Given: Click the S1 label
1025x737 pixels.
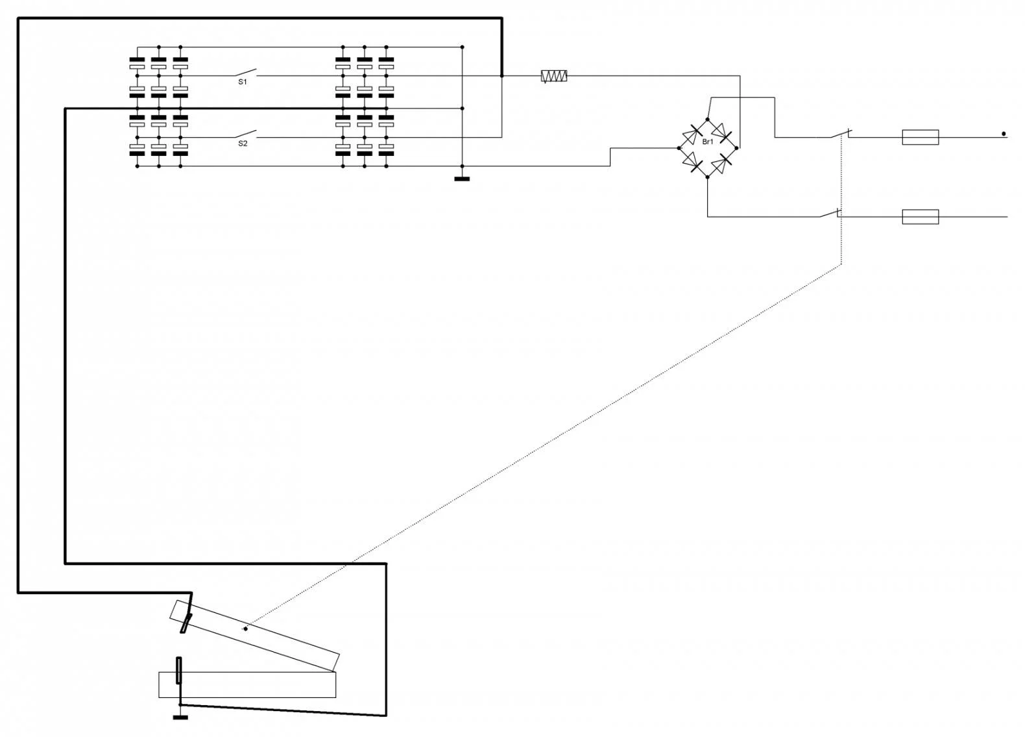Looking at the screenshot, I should [243, 82].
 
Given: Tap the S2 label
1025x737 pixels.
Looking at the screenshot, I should [243, 144].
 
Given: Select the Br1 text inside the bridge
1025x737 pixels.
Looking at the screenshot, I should [708, 142].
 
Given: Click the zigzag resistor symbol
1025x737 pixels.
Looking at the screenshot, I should [554, 76].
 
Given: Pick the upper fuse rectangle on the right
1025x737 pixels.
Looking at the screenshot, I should [920, 137].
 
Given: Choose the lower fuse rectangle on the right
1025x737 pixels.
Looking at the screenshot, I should [920, 216].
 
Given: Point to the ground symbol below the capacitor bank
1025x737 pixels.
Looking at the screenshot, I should [462, 177].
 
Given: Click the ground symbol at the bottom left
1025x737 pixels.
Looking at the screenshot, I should [180, 716].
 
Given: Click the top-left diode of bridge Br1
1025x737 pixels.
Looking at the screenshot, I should [692, 134].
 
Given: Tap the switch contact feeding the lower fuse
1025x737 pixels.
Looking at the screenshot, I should [830, 214].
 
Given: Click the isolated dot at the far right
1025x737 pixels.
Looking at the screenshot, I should [1004, 134].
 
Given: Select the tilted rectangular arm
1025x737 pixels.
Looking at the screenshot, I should [255, 636].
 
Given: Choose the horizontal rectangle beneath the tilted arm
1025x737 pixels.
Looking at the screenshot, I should [247, 684].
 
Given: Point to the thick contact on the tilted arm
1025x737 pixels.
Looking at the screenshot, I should [187, 622].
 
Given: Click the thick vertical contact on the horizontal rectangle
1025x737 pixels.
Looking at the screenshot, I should [179, 670].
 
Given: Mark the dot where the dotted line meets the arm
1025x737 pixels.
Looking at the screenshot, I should [245, 629].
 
